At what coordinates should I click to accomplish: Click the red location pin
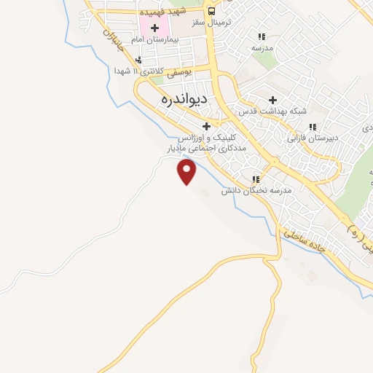[x=187, y=172]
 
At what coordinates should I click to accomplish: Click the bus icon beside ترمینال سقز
[x=211, y=12]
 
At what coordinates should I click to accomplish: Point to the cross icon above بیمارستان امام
[x=154, y=28]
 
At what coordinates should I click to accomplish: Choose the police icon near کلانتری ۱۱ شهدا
[x=138, y=60]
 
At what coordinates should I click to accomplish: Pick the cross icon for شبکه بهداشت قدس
[x=273, y=100]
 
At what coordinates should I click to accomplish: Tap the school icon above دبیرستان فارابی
[x=313, y=126]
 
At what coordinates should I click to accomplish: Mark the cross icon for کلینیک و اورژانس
[x=206, y=126]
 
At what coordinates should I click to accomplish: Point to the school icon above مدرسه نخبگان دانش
[x=255, y=179]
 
